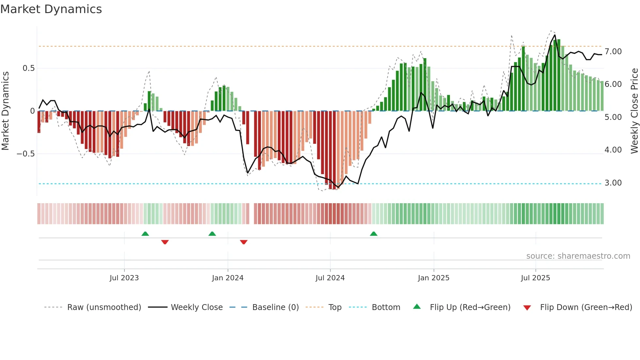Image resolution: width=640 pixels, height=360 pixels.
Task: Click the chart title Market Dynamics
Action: click(51, 9)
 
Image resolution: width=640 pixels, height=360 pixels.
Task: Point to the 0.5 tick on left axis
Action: click(28, 68)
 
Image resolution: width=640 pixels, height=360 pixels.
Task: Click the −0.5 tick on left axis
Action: click(26, 154)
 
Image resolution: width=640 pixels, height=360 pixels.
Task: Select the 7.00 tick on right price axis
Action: click(613, 52)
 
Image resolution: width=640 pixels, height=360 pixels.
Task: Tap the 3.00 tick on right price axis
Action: click(613, 183)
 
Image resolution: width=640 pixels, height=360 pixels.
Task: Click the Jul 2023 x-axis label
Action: click(124, 278)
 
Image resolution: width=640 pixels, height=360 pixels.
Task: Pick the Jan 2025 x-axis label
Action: click(433, 278)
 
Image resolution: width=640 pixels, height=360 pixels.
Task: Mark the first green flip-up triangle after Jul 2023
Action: click(145, 234)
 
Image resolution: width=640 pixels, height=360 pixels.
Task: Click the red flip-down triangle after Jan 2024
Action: click(244, 242)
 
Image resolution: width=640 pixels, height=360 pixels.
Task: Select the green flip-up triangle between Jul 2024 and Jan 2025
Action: click(374, 234)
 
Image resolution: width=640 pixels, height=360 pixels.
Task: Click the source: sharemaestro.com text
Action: click(578, 256)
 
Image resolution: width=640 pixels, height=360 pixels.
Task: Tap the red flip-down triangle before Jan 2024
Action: click(165, 242)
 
